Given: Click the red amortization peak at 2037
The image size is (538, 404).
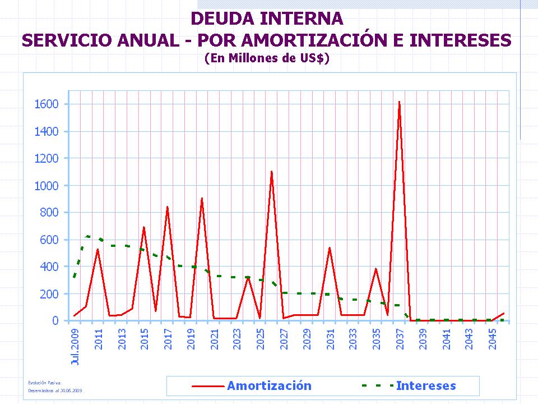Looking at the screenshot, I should point(399,102).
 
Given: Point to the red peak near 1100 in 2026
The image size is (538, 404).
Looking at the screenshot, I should point(271,172).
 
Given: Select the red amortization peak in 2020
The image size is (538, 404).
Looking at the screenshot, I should point(202,198).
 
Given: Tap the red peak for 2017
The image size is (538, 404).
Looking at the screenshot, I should point(167,207).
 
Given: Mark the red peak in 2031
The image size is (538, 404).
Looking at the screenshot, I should point(330,247).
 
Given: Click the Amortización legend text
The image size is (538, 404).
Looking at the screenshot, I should point(269,385).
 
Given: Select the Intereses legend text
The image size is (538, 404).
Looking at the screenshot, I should point(426,385).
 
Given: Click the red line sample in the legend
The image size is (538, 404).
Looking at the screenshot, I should point(208,386).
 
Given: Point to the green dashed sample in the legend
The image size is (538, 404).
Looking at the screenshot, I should point(377,386).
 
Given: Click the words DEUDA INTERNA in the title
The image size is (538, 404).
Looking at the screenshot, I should point(267,19).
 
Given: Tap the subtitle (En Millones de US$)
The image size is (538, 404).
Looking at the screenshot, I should point(267,57).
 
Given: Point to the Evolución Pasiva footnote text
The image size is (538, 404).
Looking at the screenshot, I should point(42,383).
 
